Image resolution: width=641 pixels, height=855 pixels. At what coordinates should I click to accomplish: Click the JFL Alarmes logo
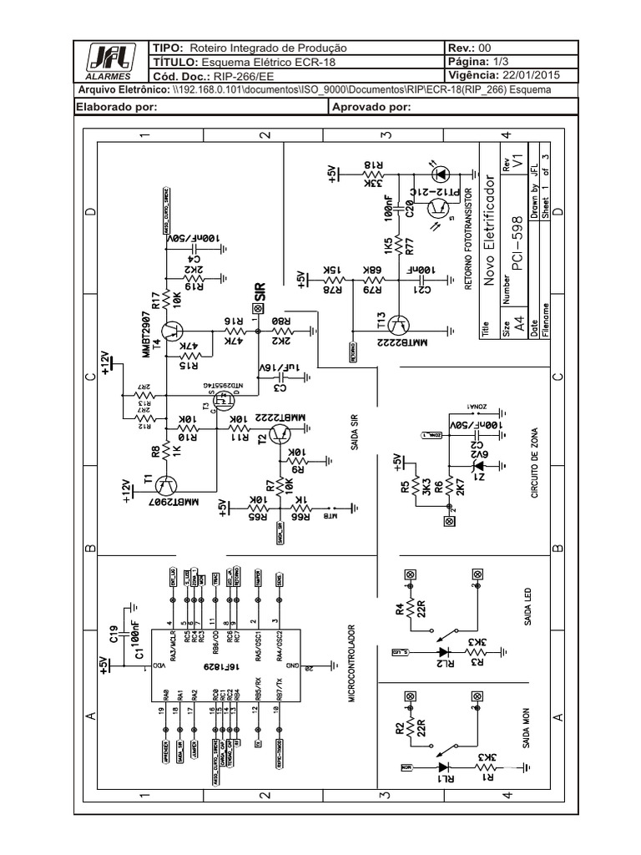109,61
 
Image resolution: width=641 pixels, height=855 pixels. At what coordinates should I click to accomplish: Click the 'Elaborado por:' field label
117,107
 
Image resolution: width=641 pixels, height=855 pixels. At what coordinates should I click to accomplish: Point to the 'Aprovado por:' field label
371,107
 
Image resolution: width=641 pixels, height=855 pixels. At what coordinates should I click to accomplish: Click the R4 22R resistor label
404,615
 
